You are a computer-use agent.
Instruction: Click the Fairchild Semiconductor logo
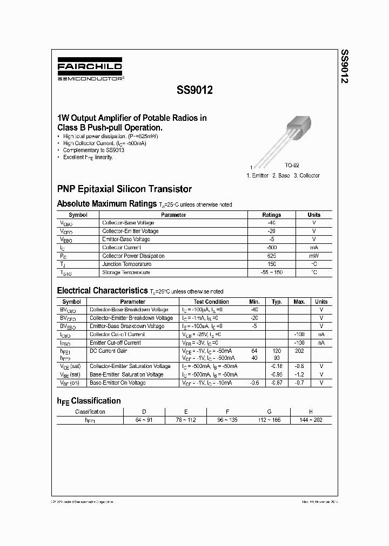tap(90, 71)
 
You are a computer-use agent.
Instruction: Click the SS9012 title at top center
tap(194, 91)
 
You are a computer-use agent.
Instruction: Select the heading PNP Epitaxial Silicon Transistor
tap(124, 189)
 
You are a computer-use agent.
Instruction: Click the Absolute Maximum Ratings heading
tap(107, 204)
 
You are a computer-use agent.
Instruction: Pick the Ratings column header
tap(271, 215)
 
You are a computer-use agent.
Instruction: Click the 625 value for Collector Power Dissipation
tap(271, 256)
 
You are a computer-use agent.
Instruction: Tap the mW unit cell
tap(313, 256)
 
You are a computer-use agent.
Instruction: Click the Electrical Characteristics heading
tap(102, 290)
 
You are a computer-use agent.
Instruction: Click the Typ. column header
tap(277, 302)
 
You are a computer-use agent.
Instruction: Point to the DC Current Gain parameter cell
tap(108, 351)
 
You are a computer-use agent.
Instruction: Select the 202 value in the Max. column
tap(299, 351)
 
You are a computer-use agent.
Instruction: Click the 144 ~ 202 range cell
tap(310, 419)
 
